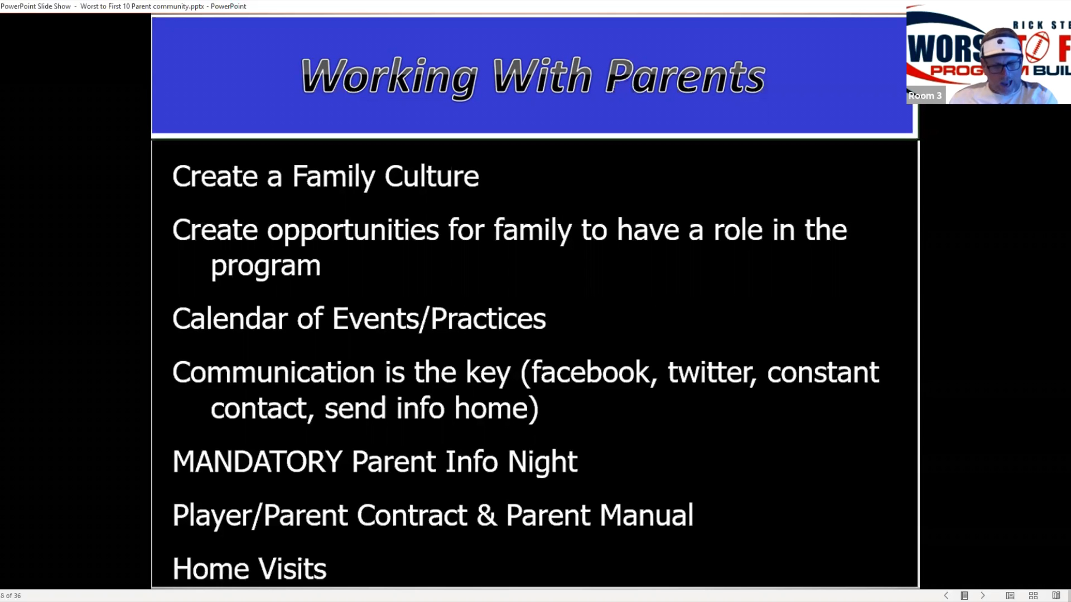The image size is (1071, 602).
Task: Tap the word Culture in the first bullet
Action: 432,176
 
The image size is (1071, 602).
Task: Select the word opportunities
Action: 353,230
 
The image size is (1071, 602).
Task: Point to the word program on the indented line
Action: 266,266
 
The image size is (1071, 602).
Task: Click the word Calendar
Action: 230,318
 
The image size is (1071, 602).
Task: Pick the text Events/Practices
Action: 439,318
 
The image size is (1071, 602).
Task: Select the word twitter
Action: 712,372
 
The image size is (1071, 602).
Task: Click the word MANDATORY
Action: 257,462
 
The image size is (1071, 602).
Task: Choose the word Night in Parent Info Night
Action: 542,462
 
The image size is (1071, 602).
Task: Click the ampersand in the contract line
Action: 486,515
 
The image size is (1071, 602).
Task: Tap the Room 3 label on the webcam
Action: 925,95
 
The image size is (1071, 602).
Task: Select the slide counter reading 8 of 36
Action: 11,596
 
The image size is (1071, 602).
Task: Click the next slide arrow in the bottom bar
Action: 983,595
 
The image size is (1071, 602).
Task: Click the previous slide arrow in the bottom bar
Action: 946,595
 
